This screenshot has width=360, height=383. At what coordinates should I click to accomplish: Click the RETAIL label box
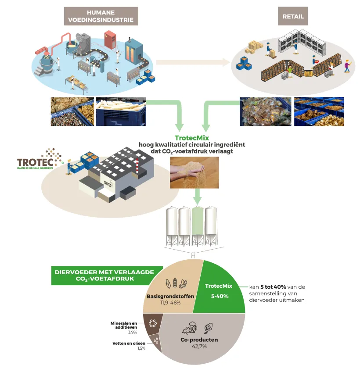pyautogui.click(x=293, y=17)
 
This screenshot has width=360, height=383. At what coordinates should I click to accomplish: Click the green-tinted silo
pyautogui.click(x=198, y=224)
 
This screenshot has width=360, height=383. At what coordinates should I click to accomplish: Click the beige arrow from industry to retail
pyautogui.click(x=193, y=62)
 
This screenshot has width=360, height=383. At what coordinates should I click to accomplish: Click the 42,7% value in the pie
pyautogui.click(x=199, y=346)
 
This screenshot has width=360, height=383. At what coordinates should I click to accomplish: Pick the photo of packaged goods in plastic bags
pyautogui.click(x=265, y=111)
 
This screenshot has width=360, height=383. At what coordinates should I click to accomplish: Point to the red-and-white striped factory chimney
pyautogui.click(x=137, y=166)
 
